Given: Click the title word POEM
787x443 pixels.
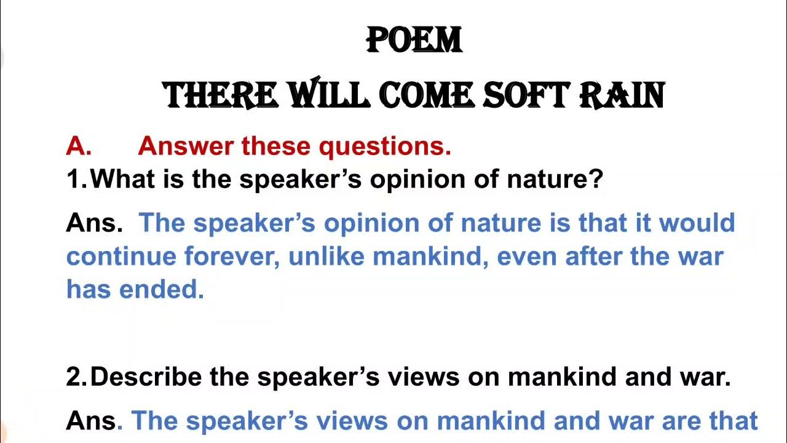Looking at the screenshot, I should [x=414, y=41].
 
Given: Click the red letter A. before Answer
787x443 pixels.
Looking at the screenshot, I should [x=78, y=146].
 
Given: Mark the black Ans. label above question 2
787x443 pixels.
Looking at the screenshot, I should [x=93, y=223].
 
